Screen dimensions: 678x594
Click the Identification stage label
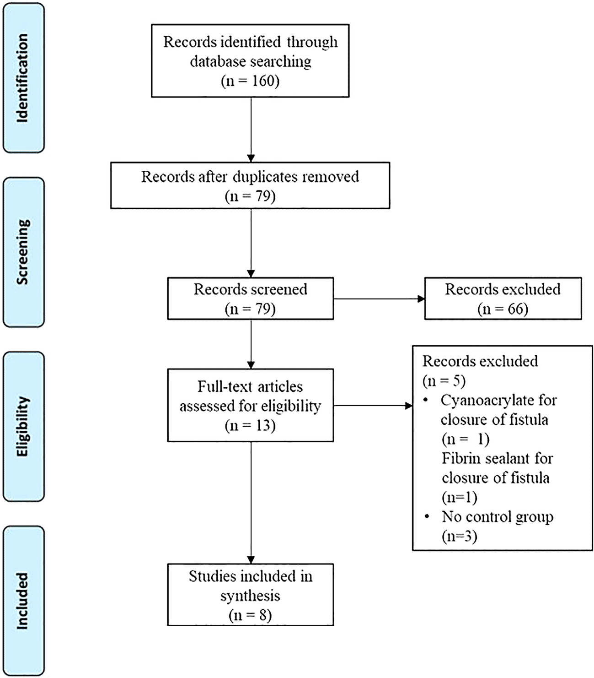click(23, 78)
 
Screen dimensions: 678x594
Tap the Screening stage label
click(23, 252)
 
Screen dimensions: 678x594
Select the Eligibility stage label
click(23, 426)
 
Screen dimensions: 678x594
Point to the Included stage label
click(23, 601)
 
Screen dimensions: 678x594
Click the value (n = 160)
click(250, 81)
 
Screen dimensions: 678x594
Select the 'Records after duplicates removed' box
click(250, 186)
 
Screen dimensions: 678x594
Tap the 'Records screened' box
click(250, 298)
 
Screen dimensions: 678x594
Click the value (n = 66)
click(503, 309)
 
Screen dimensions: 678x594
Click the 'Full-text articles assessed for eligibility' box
click(250, 406)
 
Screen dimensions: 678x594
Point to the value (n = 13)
click(250, 426)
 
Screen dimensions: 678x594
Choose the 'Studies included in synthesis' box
click(250, 595)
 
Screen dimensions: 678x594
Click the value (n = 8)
click(250, 615)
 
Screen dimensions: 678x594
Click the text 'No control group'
click(498, 517)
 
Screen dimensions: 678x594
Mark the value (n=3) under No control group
click(459, 536)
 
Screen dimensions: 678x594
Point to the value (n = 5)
click(444, 381)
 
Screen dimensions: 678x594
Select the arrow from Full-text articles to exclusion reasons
click(373, 406)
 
